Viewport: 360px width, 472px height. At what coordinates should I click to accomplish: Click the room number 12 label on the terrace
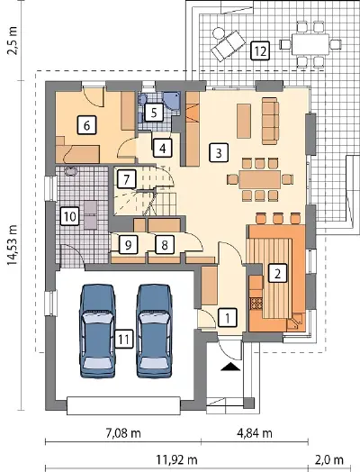tap(260, 50)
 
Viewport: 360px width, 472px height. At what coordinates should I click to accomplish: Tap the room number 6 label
tap(86, 125)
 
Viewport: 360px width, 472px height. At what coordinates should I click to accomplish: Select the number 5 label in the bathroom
tap(154, 113)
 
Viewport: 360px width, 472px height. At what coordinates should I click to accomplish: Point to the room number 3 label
tap(219, 152)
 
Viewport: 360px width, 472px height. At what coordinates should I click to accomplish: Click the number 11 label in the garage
tap(123, 340)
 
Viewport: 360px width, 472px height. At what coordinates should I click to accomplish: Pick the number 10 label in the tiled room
tap(70, 216)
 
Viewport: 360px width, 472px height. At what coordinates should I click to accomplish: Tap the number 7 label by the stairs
tap(127, 180)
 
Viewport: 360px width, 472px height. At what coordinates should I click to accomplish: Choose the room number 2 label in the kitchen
tap(277, 273)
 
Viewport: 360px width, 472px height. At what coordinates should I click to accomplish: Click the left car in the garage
tap(98, 331)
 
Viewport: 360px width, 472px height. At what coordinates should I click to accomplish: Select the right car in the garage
tap(155, 331)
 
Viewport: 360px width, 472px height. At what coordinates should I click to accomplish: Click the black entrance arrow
tap(230, 367)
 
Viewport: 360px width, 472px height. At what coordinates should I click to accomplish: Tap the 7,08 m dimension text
tap(123, 433)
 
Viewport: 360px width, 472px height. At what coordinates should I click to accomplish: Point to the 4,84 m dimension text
tap(255, 433)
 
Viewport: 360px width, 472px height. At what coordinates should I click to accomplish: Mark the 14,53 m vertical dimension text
tap(13, 245)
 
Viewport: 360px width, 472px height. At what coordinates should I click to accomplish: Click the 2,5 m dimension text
tap(13, 41)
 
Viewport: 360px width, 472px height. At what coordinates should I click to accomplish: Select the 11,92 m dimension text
tap(176, 459)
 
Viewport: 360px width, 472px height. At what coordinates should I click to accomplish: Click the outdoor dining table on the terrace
tap(310, 44)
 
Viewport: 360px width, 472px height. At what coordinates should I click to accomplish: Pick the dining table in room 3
tap(260, 180)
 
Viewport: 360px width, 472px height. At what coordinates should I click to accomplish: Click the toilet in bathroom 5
tap(142, 99)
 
